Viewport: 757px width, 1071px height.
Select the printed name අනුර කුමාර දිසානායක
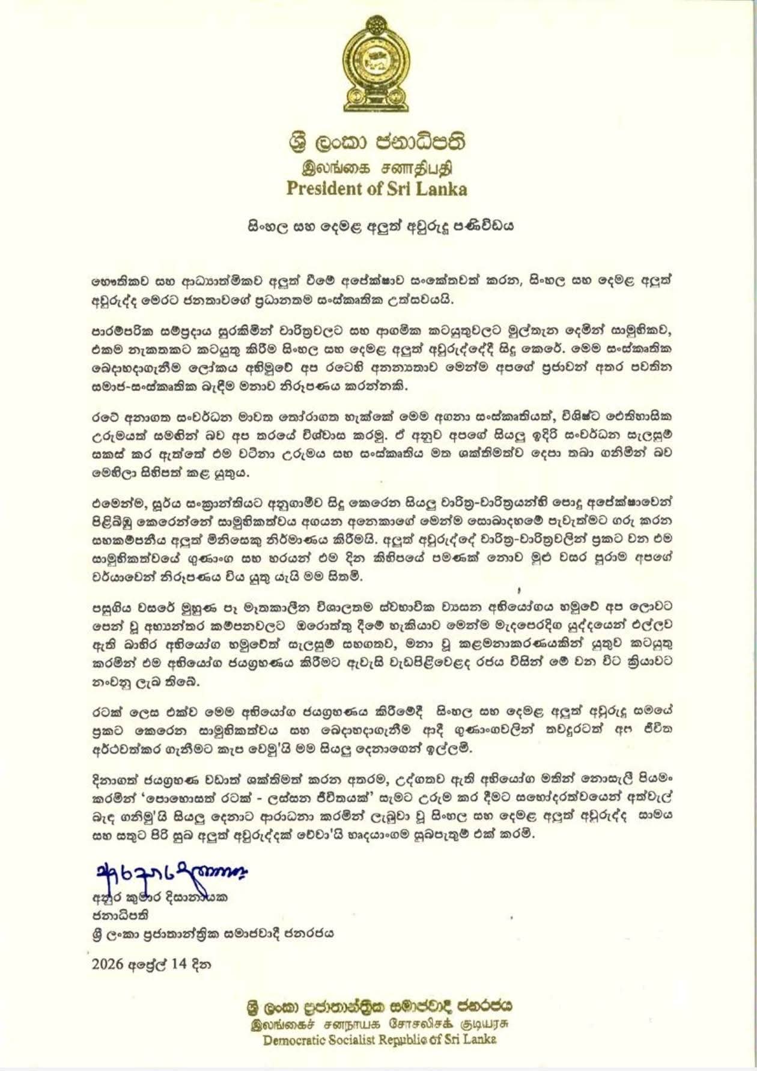[x=161, y=899]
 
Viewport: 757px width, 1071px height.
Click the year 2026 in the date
[x=108, y=964]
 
